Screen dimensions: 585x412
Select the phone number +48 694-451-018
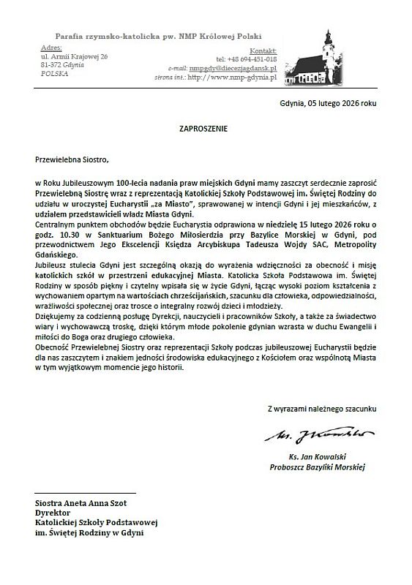[x=246, y=58]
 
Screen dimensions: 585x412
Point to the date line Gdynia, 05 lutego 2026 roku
[x=328, y=103]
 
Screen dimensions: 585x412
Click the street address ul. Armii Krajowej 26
[x=75, y=56]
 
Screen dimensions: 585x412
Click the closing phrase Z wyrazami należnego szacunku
[x=321, y=407]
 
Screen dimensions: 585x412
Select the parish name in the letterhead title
[x=158, y=36]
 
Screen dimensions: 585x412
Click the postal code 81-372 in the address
[x=53, y=65]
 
